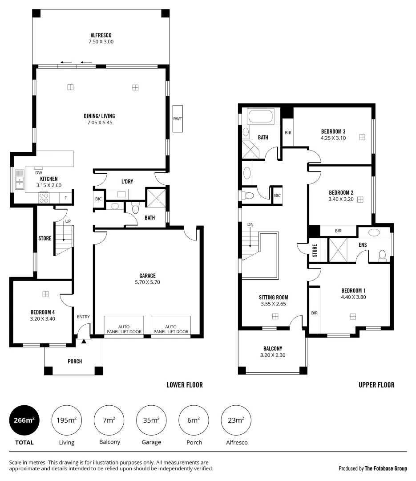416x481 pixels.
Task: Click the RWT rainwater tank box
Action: [178, 118]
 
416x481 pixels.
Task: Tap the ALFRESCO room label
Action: [101, 35]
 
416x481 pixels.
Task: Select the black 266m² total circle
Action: [24, 420]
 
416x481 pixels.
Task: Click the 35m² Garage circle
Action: [152, 420]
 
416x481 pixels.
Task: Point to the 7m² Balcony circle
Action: [109, 420]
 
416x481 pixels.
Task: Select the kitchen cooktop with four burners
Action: [44, 197]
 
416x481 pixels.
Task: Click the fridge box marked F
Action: [66, 198]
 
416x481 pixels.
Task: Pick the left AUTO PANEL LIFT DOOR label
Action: [124, 329]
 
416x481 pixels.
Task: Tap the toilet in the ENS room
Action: [382, 255]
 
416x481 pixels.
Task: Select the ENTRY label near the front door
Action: [83, 317]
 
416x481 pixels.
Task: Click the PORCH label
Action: [75, 361]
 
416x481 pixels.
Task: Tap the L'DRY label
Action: [127, 181]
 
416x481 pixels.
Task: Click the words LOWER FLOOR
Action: [184, 385]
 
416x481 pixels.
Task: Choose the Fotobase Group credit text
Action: [372, 469]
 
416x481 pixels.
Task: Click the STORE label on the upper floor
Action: [315, 251]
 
